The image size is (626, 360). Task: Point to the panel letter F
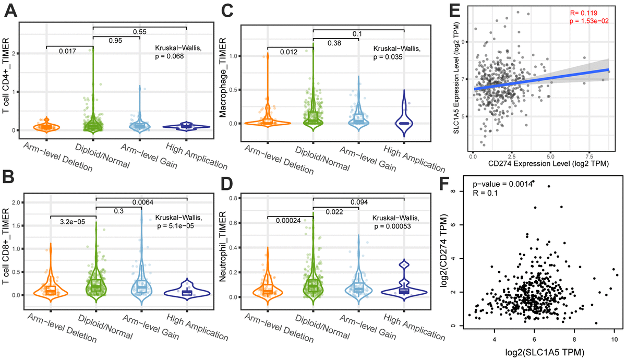456,185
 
